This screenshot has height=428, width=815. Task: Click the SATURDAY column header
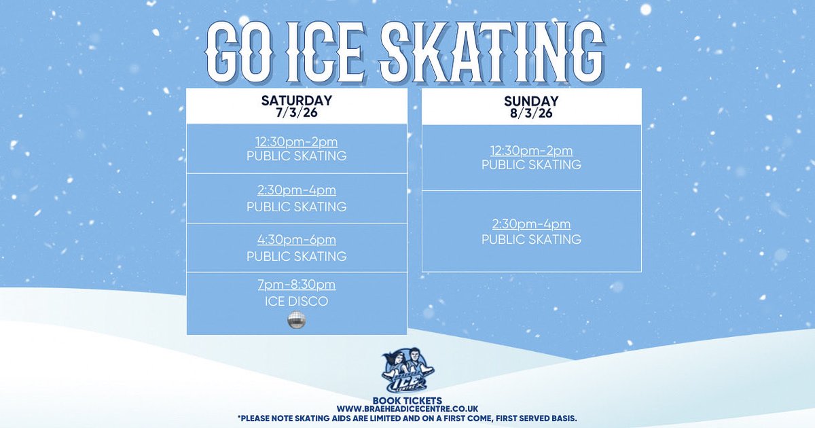(297, 101)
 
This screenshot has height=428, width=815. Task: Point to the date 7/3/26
(297, 113)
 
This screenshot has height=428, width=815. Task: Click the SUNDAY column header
(532, 101)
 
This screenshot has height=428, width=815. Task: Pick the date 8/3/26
(532, 113)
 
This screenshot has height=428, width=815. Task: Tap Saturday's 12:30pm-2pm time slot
(297, 142)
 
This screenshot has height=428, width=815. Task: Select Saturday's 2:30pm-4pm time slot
(297, 191)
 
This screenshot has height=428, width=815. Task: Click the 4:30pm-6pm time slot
(297, 240)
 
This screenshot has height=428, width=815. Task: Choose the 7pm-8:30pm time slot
(297, 285)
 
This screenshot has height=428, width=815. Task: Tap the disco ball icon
(297, 322)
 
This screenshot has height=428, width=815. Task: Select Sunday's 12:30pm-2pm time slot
(532, 151)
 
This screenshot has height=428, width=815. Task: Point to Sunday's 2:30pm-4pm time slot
(532, 224)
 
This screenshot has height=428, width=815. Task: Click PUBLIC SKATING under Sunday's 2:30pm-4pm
(532, 239)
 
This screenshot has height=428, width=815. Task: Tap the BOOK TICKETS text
(407, 400)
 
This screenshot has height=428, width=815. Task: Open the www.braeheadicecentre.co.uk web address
(407, 408)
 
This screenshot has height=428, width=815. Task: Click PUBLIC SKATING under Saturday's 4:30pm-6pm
(297, 256)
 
